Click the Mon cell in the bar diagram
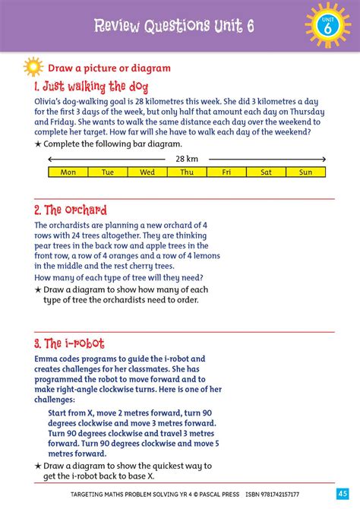click(68, 172)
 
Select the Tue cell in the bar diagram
click(108, 172)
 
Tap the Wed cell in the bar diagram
click(147, 172)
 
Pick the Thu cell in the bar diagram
click(187, 172)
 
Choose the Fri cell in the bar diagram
click(226, 172)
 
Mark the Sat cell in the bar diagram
click(266, 172)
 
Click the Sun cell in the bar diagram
click(305, 172)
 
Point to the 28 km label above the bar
click(187, 159)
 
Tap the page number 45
click(343, 495)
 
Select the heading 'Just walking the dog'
click(85, 86)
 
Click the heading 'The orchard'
click(71, 210)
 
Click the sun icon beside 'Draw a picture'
click(34, 67)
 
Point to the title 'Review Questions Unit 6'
click(173, 26)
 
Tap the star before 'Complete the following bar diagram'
click(38, 144)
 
